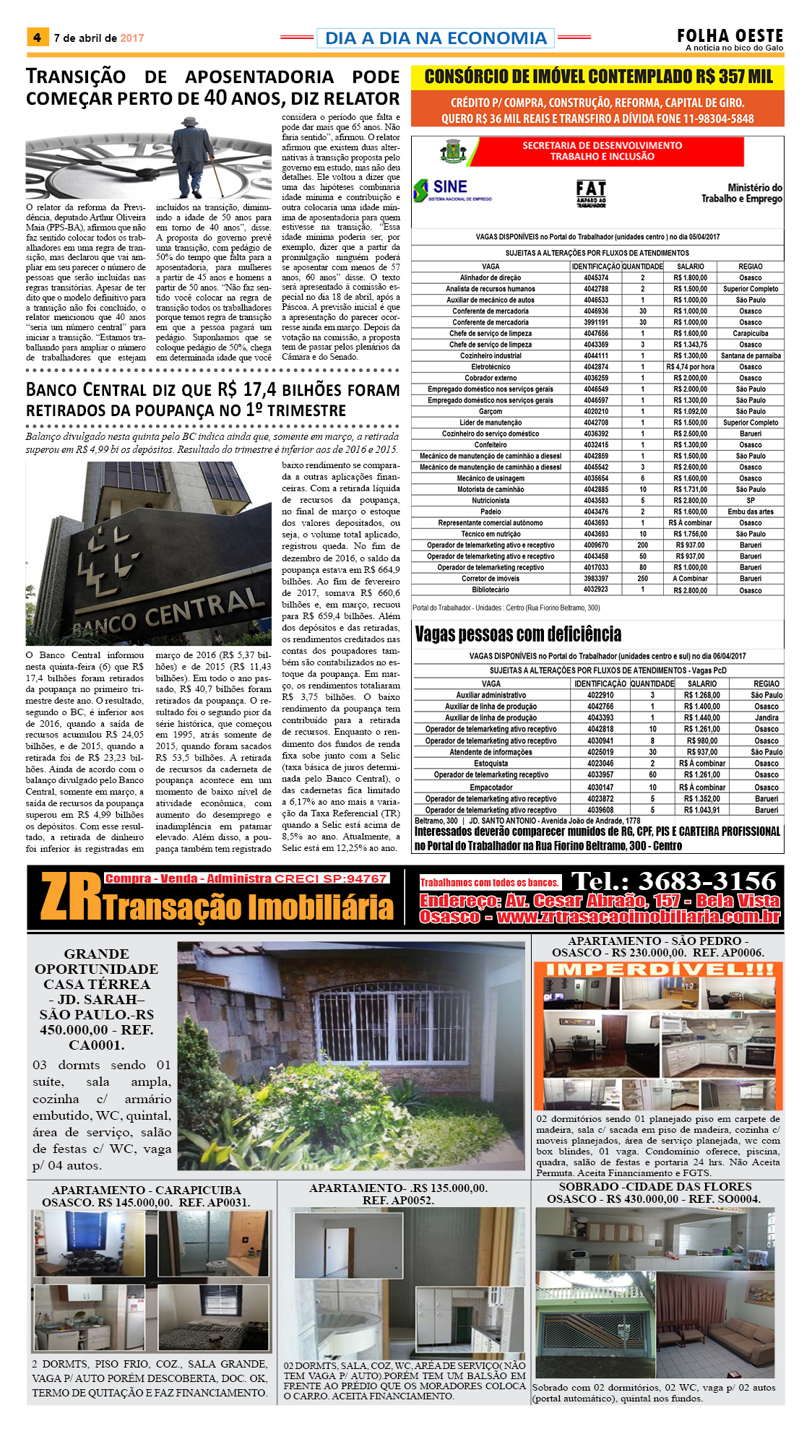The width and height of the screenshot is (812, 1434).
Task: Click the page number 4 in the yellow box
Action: (37, 38)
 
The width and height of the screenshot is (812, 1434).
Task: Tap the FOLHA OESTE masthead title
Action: (730, 36)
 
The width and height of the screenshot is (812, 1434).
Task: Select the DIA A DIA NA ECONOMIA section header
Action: (436, 38)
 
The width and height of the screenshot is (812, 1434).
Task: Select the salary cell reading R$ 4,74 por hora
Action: (690, 367)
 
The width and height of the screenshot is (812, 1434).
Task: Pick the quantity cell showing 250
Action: (642, 579)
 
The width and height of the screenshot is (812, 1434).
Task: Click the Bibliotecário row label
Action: (491, 589)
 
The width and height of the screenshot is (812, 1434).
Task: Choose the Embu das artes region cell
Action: (750, 511)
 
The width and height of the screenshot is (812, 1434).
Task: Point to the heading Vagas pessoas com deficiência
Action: (518, 634)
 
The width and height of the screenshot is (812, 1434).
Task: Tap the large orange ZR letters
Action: (71, 897)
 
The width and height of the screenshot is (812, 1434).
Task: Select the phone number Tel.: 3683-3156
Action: (673, 881)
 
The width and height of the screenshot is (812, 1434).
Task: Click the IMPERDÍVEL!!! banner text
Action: (659, 970)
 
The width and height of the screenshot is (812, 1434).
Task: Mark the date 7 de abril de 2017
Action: (99, 38)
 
